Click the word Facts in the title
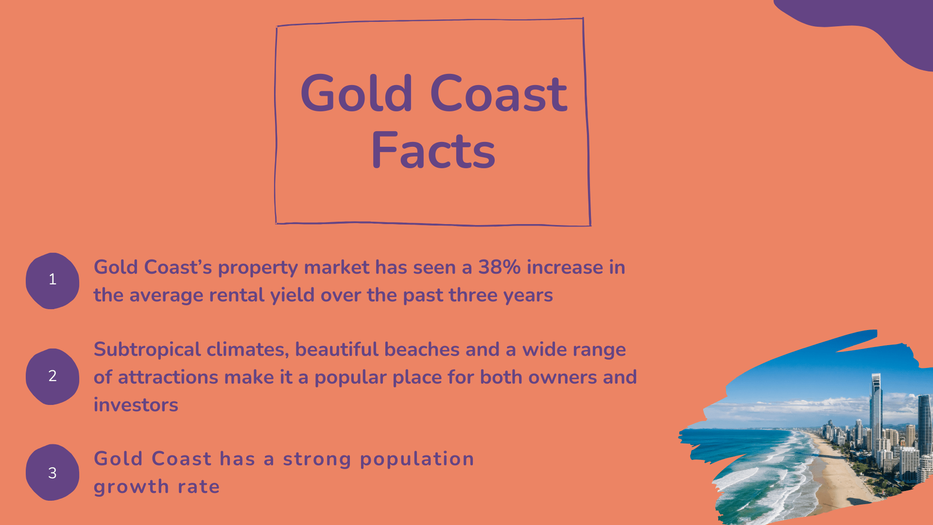coord(433,151)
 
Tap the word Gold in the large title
coord(357,93)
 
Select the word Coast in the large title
coord(499,93)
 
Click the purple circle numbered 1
coord(52,280)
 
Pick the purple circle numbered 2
coord(52,376)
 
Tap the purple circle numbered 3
coord(52,472)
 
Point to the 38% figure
coord(499,267)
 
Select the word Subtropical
coord(147,350)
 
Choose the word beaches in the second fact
coord(422,350)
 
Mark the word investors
coord(136,405)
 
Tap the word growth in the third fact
coord(131,487)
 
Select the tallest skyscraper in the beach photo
coord(876,413)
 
